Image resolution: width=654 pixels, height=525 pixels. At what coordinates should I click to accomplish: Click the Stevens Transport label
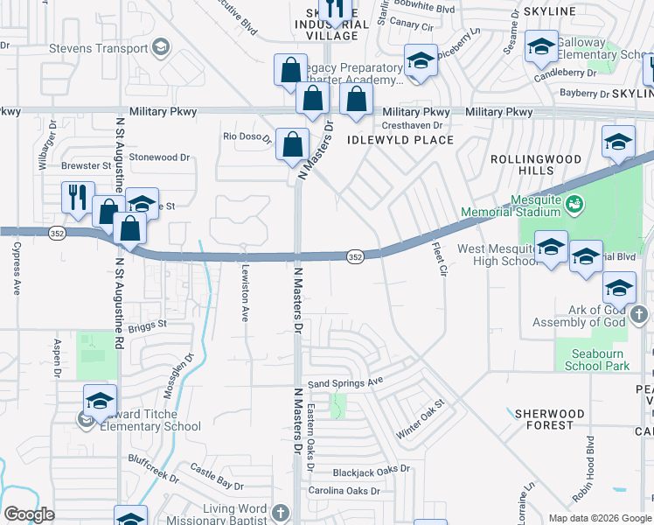(98, 48)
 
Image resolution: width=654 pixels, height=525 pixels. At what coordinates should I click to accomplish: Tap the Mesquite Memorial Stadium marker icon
(574, 206)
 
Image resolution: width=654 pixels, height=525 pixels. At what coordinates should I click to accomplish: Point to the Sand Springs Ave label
(345, 382)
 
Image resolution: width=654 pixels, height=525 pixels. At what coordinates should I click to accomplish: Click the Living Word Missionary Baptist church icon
(280, 512)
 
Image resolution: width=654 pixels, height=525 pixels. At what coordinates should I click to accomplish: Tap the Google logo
(29, 514)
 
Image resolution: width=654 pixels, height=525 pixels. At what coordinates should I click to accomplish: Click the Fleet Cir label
(438, 257)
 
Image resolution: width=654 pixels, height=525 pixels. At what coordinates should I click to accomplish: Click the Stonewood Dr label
(159, 157)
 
